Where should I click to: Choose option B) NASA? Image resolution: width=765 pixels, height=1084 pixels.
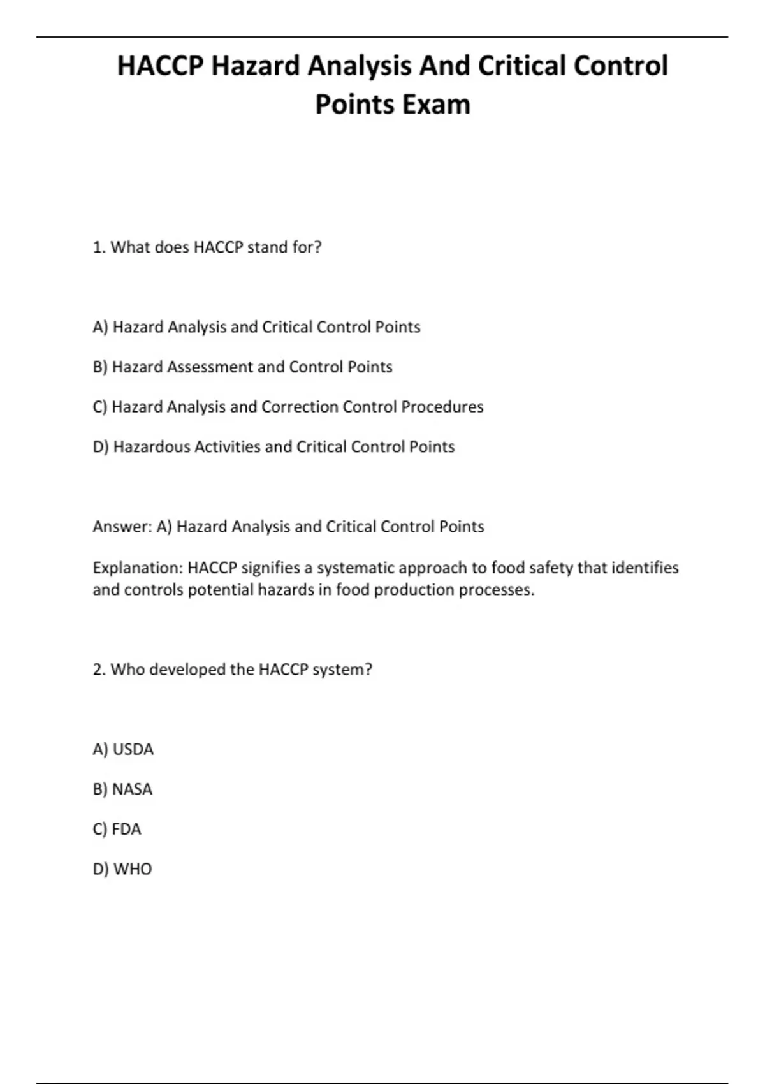[x=122, y=789]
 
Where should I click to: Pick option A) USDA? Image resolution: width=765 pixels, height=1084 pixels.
[x=123, y=749]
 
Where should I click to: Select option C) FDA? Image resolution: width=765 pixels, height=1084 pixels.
[x=117, y=829]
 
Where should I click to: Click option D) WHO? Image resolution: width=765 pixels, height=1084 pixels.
[x=122, y=869]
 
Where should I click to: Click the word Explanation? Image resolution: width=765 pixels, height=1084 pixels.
[x=138, y=568]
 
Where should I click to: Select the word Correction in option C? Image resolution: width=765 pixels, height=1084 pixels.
[x=300, y=407]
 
